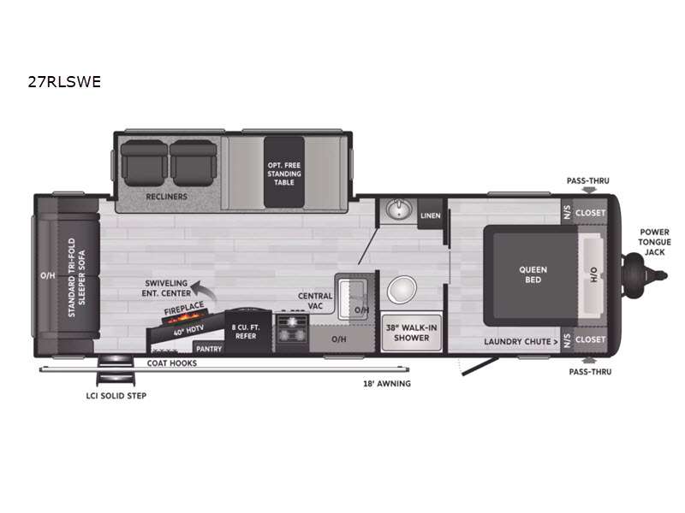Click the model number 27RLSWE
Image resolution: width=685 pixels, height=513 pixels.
click(64, 81)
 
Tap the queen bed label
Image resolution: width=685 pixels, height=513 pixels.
click(533, 274)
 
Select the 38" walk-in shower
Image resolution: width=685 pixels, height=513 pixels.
click(411, 333)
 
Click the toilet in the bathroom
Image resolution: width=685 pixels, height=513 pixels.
click(402, 289)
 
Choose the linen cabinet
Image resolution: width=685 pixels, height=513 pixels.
click(431, 215)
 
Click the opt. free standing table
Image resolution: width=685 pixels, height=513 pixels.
click(284, 173)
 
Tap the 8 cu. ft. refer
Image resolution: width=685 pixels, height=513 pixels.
click(246, 331)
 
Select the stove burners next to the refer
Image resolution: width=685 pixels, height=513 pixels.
click(292, 329)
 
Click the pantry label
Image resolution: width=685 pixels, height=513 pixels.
click(209, 349)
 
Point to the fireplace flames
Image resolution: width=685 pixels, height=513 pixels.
click(185, 317)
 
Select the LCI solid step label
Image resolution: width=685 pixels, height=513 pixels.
click(116, 396)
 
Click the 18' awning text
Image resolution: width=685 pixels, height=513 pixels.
click(387, 383)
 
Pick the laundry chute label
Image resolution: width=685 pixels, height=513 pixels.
click(521, 341)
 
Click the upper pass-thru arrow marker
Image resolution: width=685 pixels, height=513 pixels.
click(589, 189)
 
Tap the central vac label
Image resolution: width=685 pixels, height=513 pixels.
click(315, 301)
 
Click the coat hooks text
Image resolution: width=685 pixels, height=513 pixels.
click(172, 363)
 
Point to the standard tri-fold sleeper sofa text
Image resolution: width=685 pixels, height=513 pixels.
click(76, 277)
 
